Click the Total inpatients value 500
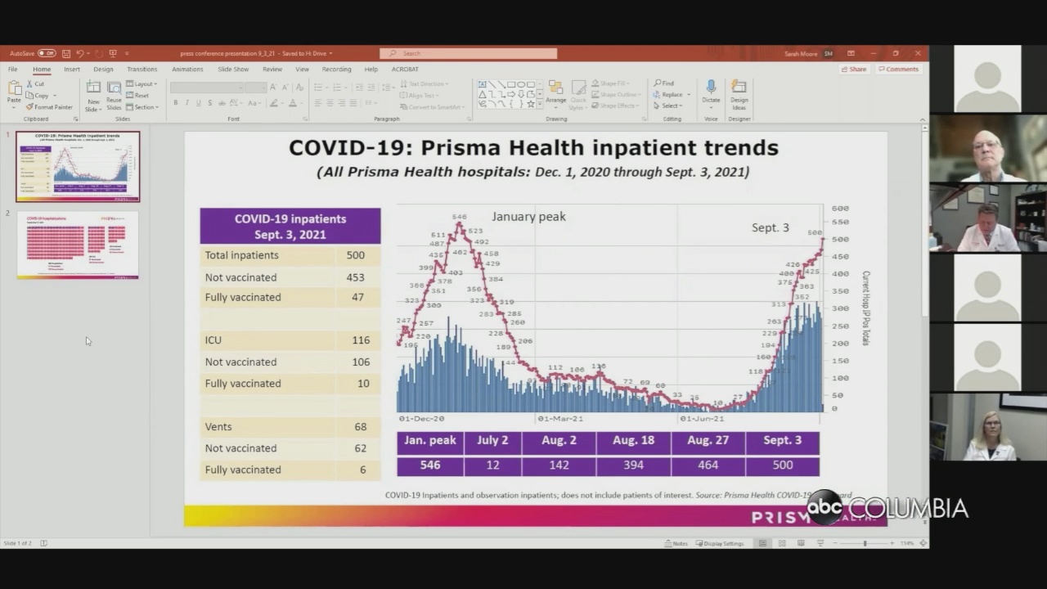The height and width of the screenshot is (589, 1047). (x=355, y=255)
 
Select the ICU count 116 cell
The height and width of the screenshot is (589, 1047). (x=360, y=340)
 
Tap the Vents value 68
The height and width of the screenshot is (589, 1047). (x=360, y=427)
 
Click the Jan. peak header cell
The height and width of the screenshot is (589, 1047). (x=430, y=441)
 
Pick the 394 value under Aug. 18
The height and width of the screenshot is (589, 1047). (x=633, y=465)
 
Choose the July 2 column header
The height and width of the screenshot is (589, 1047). (x=492, y=441)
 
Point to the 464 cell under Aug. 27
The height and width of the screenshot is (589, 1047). (x=708, y=465)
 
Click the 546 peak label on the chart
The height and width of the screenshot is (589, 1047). (x=459, y=218)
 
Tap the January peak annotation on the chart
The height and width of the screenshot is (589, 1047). (x=528, y=217)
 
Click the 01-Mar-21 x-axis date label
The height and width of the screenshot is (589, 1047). (x=560, y=419)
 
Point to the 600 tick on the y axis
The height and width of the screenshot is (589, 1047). (x=840, y=209)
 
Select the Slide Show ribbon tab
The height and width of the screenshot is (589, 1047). (x=233, y=70)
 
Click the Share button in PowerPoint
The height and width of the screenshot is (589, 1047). (x=854, y=70)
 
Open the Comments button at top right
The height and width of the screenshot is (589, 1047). (x=898, y=70)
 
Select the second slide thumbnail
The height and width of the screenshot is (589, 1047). (x=78, y=245)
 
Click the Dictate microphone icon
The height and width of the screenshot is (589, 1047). (x=711, y=88)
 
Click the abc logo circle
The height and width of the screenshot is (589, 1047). (x=825, y=508)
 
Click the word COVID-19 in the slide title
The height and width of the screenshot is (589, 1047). (x=344, y=148)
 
